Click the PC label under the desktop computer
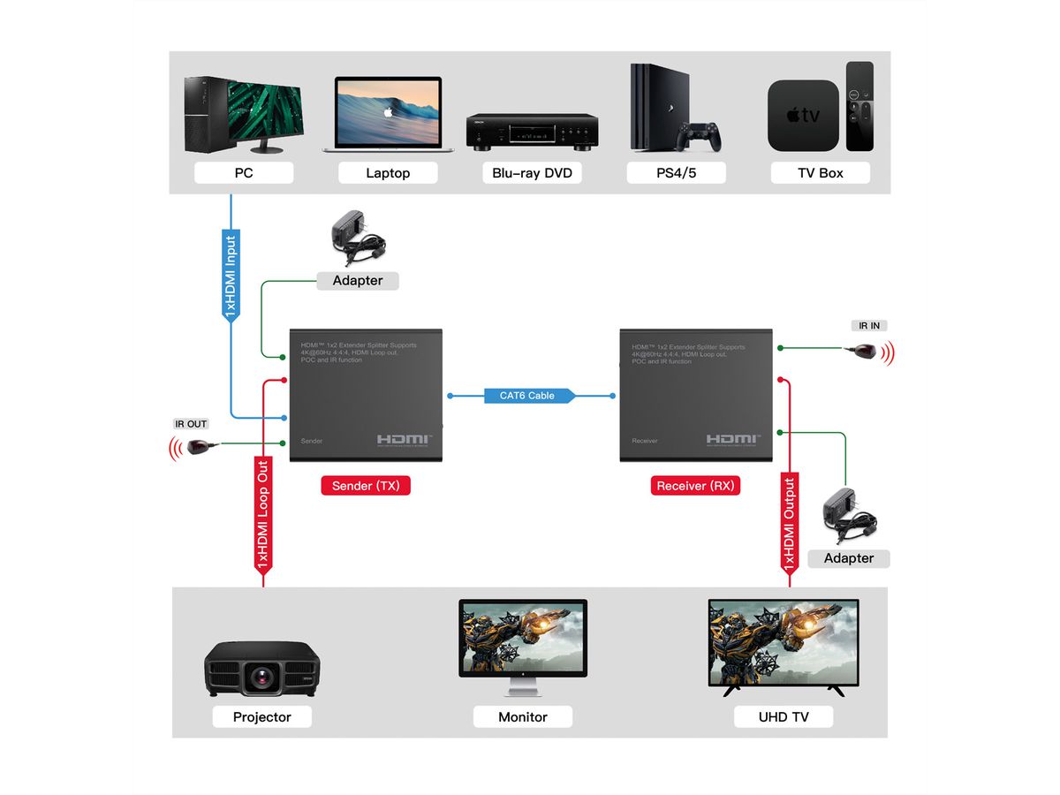244,173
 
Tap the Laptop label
388,173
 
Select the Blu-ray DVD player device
533,131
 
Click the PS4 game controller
699,137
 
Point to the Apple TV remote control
859,106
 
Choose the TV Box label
820,173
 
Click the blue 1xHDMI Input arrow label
231,276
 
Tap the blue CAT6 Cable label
528,396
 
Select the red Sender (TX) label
366,486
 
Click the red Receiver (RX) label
695,486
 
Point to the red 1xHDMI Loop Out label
262,512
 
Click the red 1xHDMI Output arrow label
790,523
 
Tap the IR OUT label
191,424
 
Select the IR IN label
869,326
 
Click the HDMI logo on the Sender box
405,440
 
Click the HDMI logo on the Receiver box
732,440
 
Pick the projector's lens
262,678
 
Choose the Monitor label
523,717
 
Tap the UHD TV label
784,717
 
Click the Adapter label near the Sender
358,281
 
